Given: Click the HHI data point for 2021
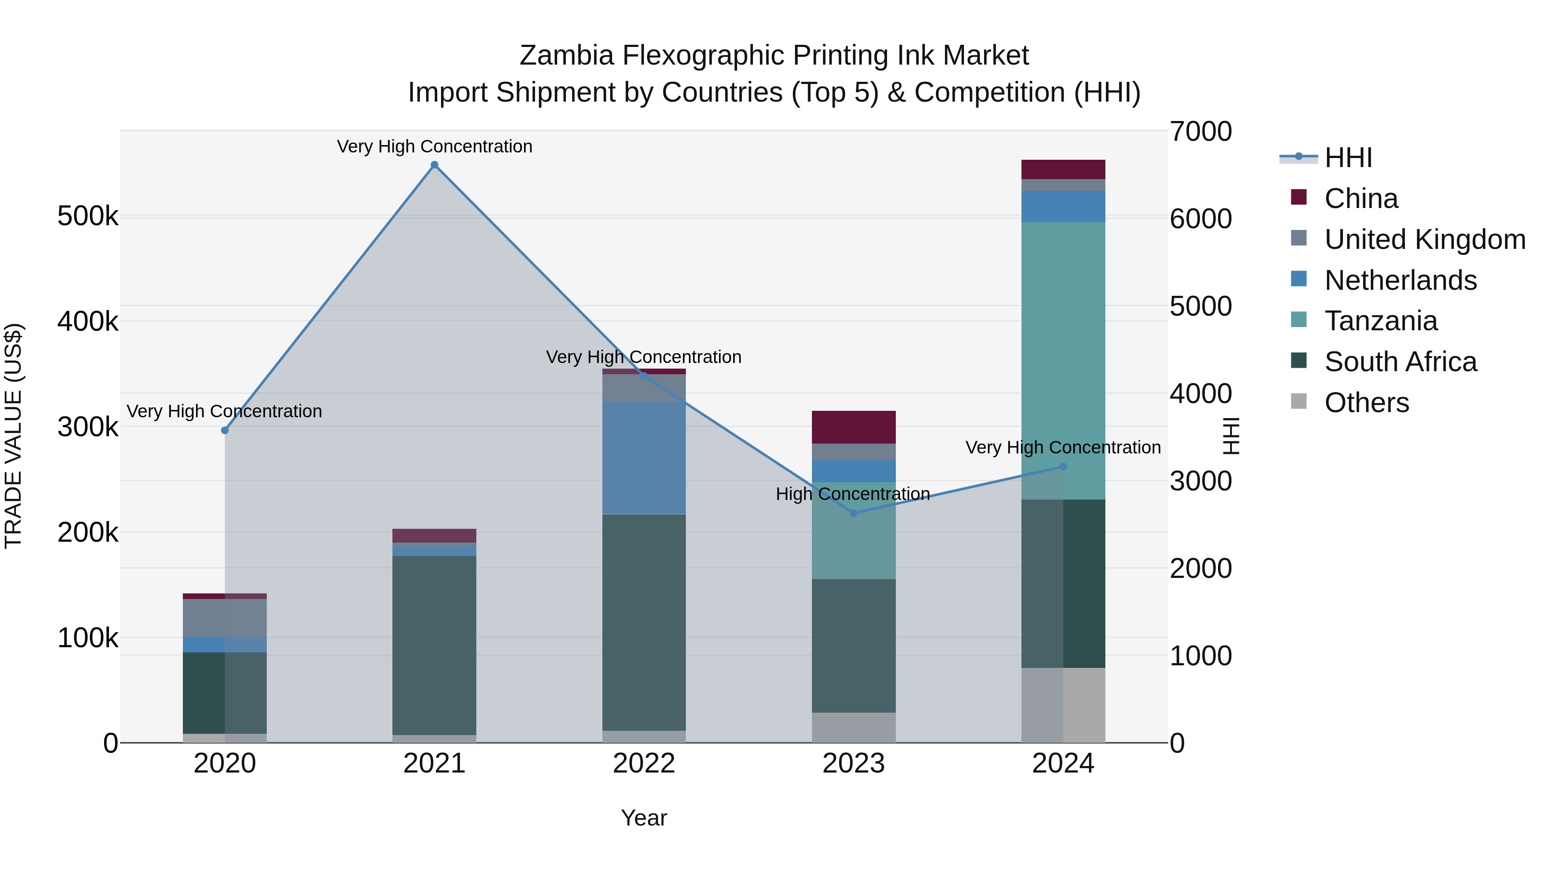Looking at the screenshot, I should coord(434,165).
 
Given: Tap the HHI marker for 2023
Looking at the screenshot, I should coord(853,513).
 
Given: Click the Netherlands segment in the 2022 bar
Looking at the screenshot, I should coord(644,457).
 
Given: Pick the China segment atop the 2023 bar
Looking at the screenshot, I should coord(853,427).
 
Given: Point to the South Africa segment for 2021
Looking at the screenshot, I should coord(434,644).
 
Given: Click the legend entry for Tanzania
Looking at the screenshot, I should coord(1381,321).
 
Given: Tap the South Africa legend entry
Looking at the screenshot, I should coord(1400,362).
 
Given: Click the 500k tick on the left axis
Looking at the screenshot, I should coord(88,216).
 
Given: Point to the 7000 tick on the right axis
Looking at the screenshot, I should coord(1200,132).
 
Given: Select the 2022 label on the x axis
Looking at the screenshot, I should coord(644,763).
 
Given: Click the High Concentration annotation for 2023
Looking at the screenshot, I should coord(853,494).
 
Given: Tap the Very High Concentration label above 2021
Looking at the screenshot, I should coord(434,147).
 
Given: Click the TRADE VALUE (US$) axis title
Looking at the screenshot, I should coord(13,436).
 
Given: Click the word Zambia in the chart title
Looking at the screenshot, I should coord(566,56).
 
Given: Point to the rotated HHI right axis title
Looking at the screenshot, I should coord(1231,436).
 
